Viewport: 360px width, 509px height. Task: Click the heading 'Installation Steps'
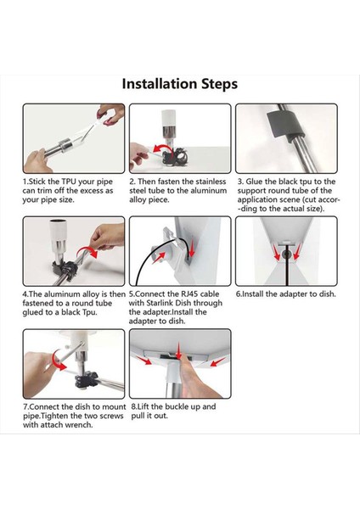(x=180, y=84)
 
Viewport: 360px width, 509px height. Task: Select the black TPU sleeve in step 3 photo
(x=284, y=125)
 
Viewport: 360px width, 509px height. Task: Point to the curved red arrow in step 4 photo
(x=87, y=251)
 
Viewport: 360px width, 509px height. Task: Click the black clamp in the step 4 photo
(x=65, y=270)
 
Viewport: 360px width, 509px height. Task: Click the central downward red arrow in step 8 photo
(x=178, y=350)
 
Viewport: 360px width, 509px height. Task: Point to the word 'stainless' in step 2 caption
(x=210, y=182)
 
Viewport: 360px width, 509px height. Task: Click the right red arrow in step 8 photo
(x=217, y=361)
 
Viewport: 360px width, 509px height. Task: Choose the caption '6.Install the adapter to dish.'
(x=285, y=294)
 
